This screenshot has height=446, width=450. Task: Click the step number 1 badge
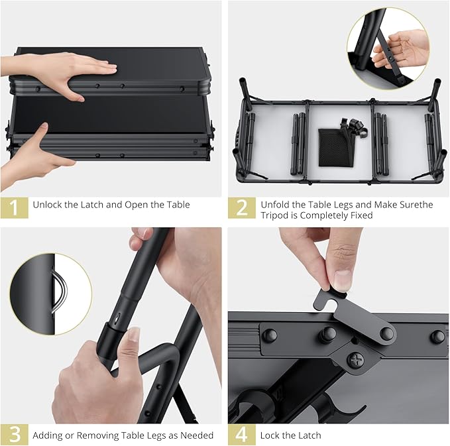tap(15, 207)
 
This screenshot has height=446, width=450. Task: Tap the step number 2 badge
tap(242, 207)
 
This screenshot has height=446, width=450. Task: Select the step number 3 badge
tap(15, 435)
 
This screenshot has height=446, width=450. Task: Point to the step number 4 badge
tap(242, 435)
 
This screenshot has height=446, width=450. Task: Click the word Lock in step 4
tap(270, 435)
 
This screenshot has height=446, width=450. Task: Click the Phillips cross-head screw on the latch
tap(356, 359)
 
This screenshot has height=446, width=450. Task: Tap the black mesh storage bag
tap(333, 147)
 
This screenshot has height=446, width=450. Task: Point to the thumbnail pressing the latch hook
tap(343, 278)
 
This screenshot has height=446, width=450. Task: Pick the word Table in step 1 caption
tap(178, 205)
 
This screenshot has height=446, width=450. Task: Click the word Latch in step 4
tap(311, 435)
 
